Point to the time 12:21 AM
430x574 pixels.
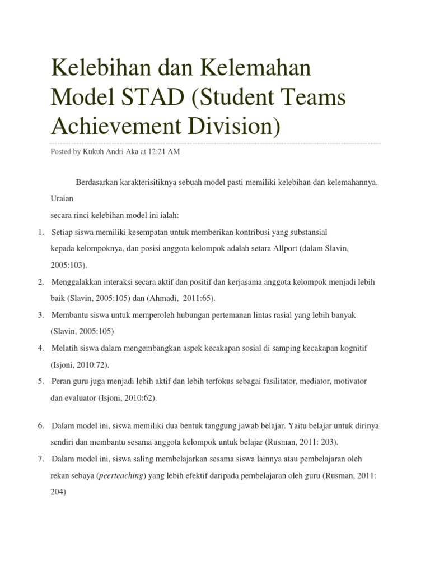(x=165, y=152)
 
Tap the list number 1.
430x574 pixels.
(x=41, y=232)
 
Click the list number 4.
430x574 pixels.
(x=41, y=348)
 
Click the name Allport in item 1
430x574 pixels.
(x=287, y=248)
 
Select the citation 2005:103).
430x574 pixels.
(x=69, y=264)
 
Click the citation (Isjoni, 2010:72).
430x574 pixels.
(x=80, y=365)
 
